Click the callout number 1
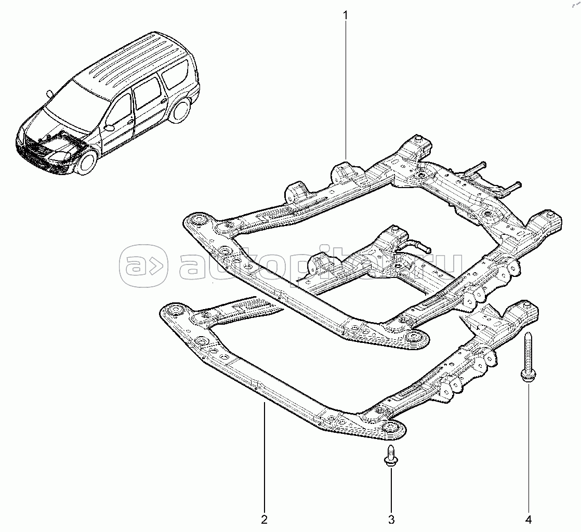coord(345,15)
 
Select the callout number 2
coord(264,519)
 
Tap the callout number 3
coord(391,519)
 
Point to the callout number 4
coord(529,519)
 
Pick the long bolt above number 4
coord(528,358)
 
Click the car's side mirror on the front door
coord(109,127)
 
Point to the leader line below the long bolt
coord(529,447)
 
